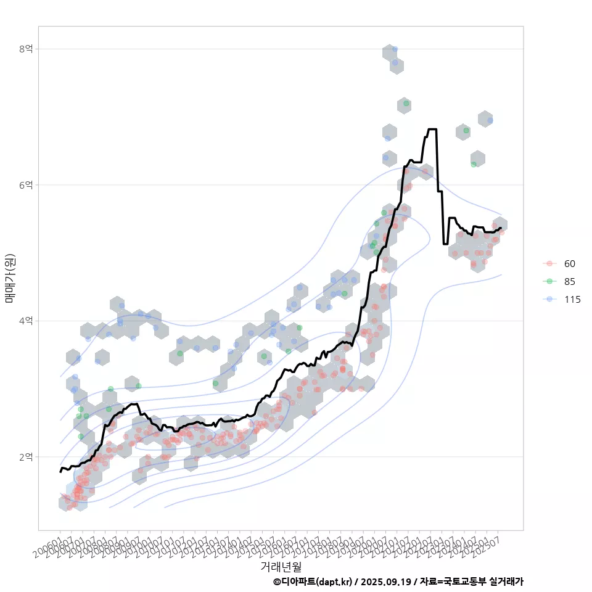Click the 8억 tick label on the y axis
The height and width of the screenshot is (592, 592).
pos(25,49)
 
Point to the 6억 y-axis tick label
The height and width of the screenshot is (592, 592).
pos(25,185)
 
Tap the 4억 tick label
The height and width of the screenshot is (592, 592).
pos(25,321)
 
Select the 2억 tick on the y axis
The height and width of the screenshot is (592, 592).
pos(25,457)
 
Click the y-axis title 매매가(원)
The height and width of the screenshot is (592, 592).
pos(10,278)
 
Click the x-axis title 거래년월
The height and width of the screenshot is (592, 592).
pos(281,565)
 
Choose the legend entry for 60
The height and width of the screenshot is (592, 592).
pos(569,264)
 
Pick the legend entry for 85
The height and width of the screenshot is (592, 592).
pos(569,282)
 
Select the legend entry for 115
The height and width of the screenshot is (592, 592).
pos(572,300)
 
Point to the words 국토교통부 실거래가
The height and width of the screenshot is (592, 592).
pos(487,582)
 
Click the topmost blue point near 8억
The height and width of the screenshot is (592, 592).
pos(395,49)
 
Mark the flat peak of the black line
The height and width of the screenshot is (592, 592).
pos(432,129)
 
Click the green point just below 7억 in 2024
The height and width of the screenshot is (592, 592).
pos(466,131)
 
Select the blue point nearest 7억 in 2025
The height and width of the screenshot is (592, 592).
pos(490,120)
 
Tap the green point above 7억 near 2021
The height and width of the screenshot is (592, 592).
pos(406,104)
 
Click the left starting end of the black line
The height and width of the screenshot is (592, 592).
pos(60,472)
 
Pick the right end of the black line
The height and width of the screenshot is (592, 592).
pos(501,228)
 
